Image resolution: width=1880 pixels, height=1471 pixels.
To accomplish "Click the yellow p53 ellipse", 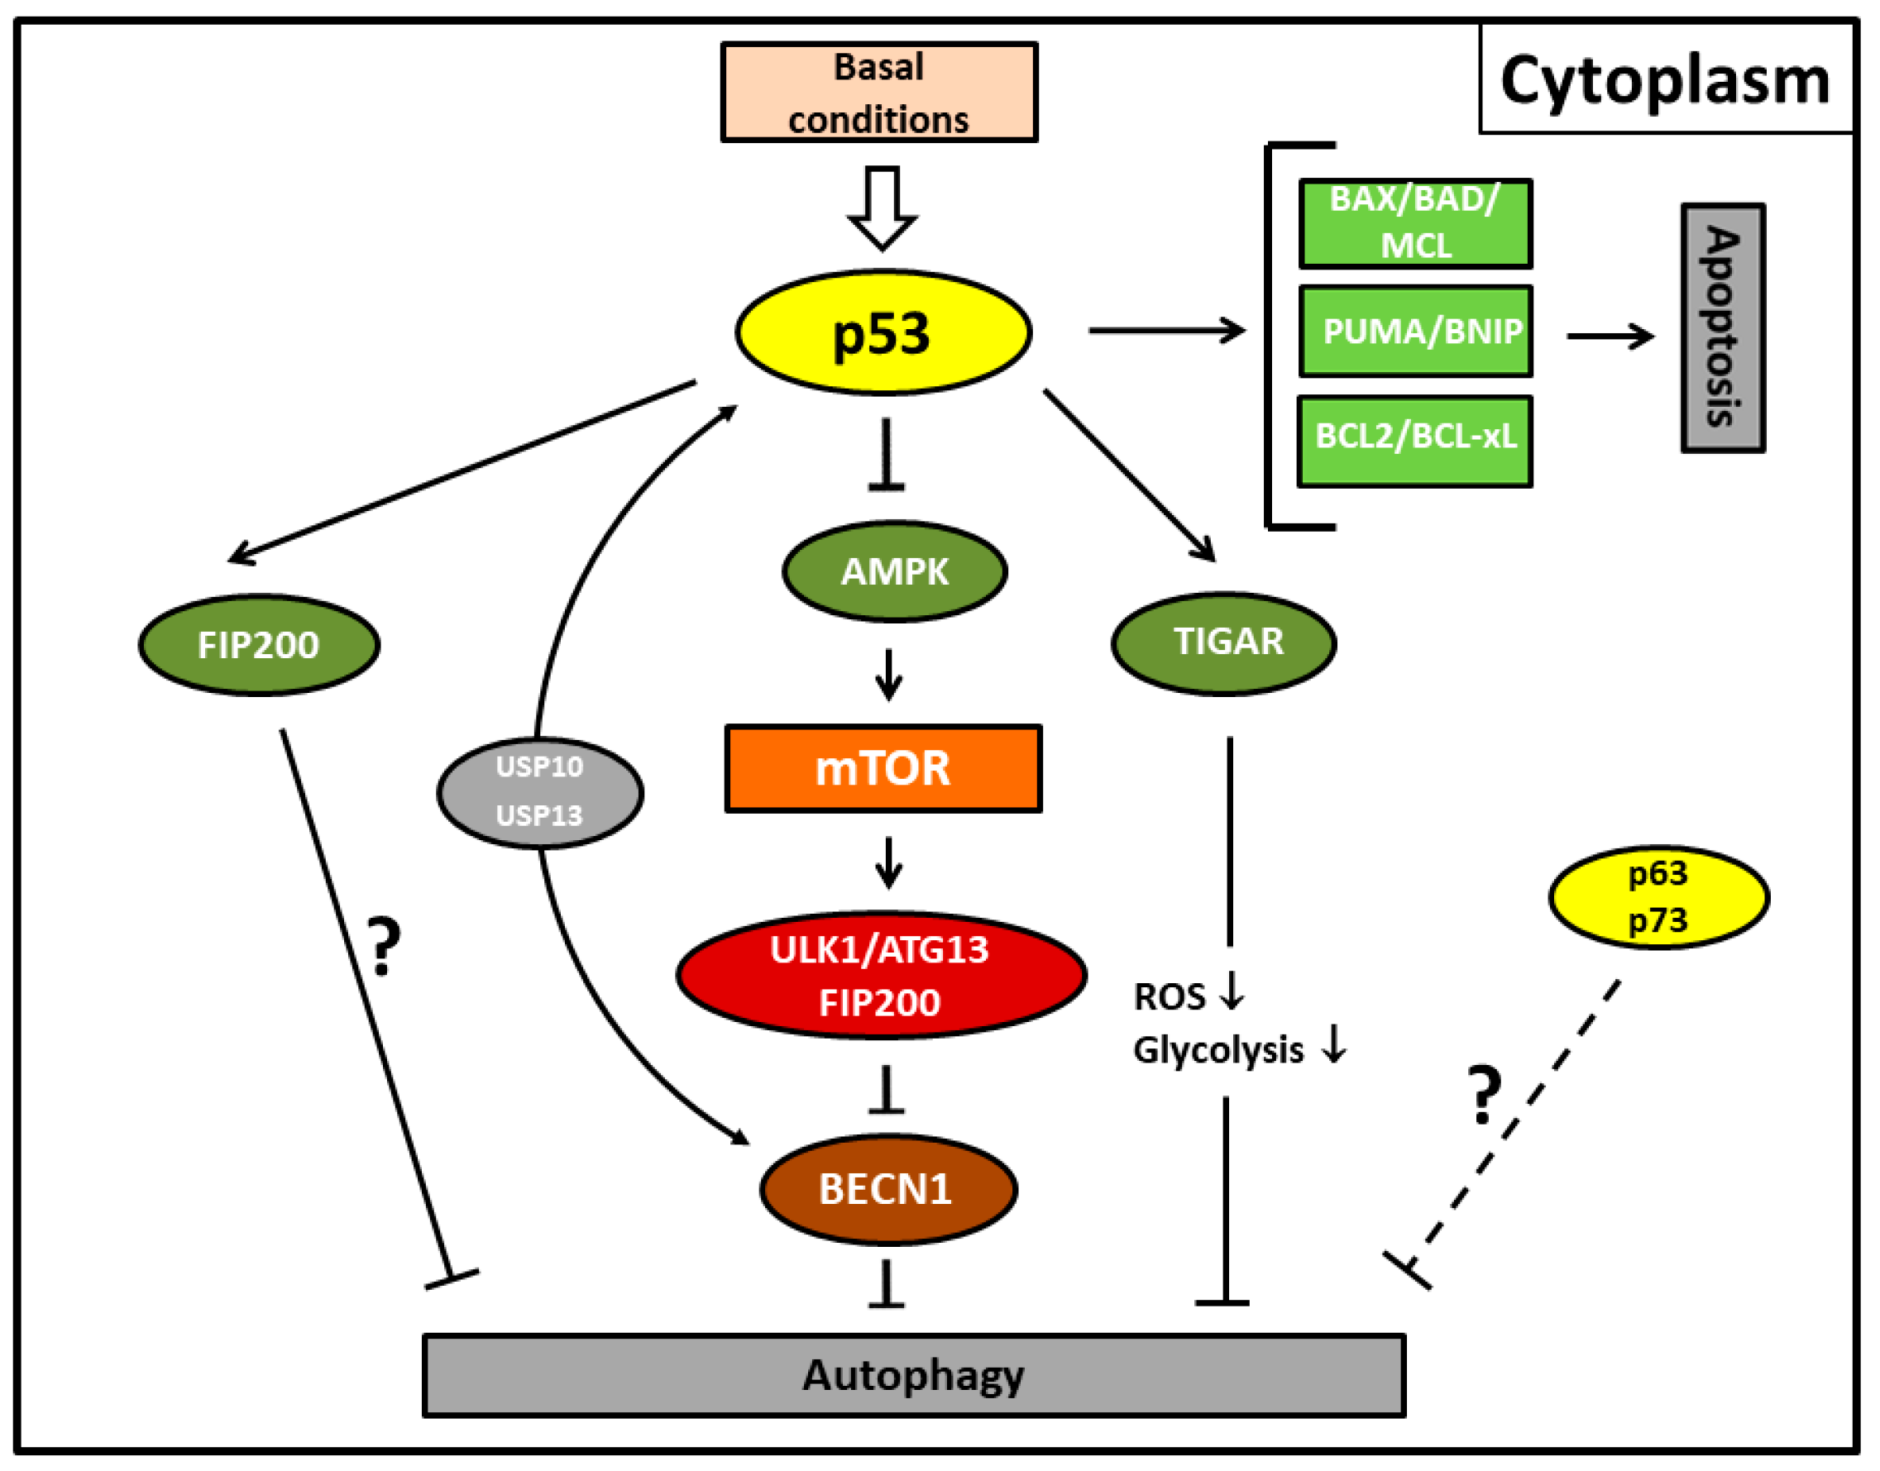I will coord(883,332).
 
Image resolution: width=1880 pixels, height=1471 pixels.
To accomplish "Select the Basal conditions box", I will coord(879,92).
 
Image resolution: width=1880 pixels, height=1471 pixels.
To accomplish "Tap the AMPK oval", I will coord(894,571).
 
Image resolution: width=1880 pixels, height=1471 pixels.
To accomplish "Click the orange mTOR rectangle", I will coord(883,768).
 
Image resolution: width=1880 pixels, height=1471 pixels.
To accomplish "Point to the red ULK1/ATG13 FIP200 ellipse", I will coord(881,975).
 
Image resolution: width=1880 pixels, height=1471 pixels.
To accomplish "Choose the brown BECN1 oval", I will coord(887,1189).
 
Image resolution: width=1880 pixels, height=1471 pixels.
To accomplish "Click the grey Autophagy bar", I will coord(913,1375).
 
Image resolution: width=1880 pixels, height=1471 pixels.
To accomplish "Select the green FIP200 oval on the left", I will coord(259,644).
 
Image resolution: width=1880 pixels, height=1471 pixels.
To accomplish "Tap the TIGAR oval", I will coord(1223,642).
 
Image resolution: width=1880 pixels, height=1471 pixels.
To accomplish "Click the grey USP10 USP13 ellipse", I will coord(539,792).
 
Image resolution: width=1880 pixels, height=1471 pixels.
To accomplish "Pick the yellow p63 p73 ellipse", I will coord(1658,896).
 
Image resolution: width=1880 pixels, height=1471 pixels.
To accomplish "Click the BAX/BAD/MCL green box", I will coord(1414,223).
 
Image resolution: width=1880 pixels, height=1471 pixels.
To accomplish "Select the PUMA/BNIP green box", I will coord(1414,332).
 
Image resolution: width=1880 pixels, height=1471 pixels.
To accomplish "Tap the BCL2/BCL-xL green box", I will coord(1414,441).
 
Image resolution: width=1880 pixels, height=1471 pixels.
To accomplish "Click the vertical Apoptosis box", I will coord(1722,328).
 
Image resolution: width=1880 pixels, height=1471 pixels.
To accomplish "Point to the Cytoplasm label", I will coord(1665,80).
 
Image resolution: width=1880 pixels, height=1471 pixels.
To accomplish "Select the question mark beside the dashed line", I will coord(1484,1095).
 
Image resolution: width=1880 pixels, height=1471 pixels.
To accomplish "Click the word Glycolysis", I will coord(1217,1051).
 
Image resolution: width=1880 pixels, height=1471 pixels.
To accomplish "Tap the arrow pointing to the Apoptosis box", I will coord(1609,336).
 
